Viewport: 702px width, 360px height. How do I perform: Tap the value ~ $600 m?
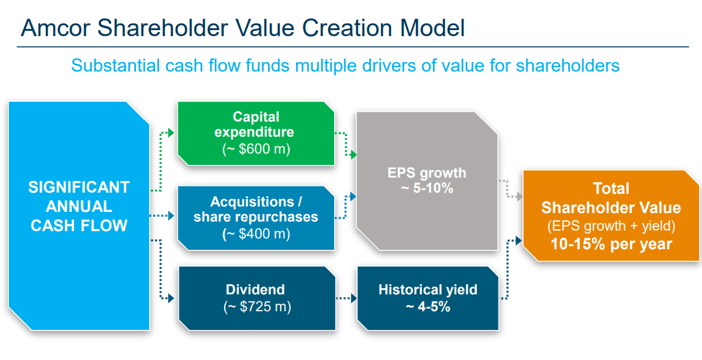[x=255, y=149]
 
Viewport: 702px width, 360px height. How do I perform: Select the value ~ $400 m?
[x=256, y=234]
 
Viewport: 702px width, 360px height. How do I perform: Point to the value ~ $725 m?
[x=256, y=306]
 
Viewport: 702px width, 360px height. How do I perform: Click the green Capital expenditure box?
[x=256, y=133]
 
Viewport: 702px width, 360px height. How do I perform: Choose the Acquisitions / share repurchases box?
[x=256, y=217]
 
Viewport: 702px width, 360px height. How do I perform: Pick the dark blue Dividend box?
[x=256, y=298]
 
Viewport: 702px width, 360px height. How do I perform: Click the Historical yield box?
[x=427, y=298]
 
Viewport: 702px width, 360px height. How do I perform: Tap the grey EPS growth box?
[x=427, y=181]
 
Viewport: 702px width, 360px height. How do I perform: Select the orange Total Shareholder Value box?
[x=610, y=216]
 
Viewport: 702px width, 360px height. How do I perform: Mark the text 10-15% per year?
[x=610, y=244]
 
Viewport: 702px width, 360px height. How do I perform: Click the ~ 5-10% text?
[x=427, y=188]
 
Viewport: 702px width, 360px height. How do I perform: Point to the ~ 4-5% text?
[x=427, y=306]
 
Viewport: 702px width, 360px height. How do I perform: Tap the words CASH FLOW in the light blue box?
[x=79, y=226]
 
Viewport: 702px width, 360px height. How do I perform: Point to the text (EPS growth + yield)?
[x=610, y=226]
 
